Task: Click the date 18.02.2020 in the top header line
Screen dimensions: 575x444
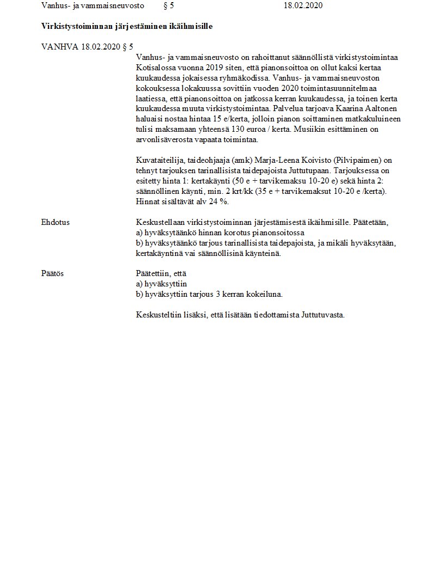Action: tap(303, 6)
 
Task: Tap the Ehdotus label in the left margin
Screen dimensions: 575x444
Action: tap(55, 222)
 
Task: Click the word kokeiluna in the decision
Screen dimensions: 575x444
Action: tap(265, 295)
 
